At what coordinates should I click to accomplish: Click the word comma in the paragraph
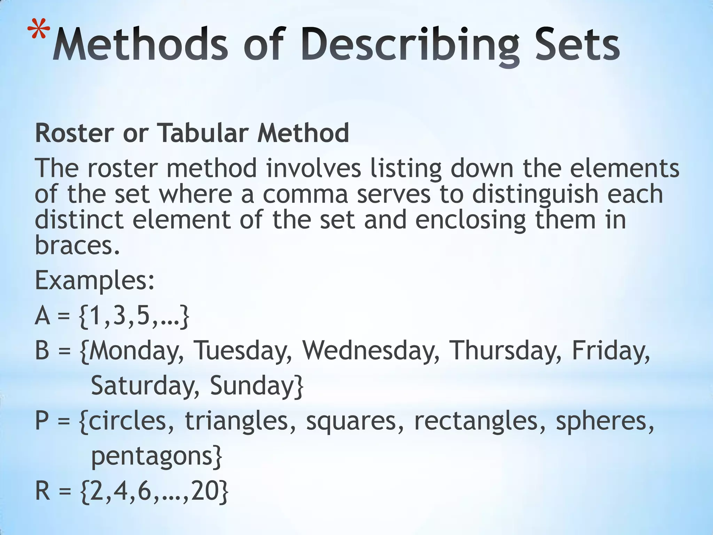point(305,194)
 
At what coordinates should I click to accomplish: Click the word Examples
point(94,281)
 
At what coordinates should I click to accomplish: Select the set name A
point(42,316)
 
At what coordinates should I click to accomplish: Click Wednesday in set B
point(370,350)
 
